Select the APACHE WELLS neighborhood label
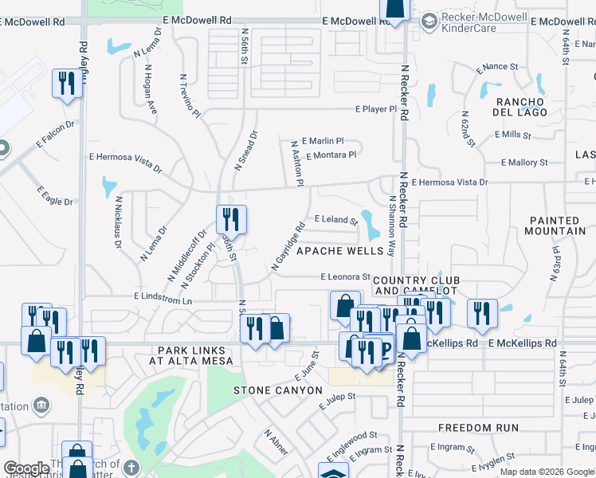335,251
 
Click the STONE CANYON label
278,390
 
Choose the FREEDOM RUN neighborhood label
478,428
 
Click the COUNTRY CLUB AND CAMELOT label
416,285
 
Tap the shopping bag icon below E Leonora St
344,304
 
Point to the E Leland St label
336,218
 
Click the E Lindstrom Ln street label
163,297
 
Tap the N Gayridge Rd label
288,246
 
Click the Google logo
26,468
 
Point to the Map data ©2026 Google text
546,472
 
